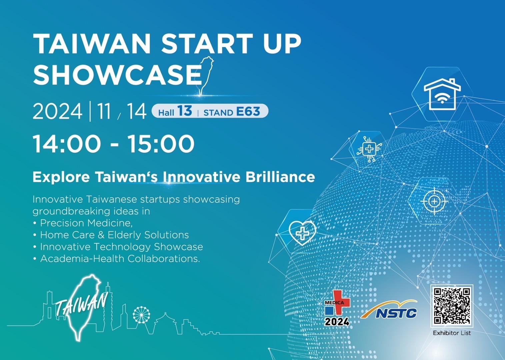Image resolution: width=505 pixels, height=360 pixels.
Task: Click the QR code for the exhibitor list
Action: point(452,306)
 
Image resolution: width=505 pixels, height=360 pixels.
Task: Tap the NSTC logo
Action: point(389,309)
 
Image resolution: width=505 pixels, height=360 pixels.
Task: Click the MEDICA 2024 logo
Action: point(337,308)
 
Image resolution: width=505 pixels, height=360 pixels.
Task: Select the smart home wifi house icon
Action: point(442,94)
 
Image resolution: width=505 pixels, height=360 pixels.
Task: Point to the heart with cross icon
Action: point(302,233)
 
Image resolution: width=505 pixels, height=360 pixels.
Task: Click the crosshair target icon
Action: point(434,201)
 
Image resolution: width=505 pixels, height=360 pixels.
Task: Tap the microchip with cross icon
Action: point(369,149)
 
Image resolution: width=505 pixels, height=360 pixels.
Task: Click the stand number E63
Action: point(248,111)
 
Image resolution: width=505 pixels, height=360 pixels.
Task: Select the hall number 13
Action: point(184,111)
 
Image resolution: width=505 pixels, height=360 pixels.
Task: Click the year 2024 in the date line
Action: point(57,111)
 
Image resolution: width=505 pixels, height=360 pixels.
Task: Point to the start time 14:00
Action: point(67,144)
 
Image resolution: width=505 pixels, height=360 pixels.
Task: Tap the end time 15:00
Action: point(161,144)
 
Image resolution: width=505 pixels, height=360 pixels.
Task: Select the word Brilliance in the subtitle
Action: point(280,177)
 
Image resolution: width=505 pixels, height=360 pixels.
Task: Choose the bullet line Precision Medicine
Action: point(83,223)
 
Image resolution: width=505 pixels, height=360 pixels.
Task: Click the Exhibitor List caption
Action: point(452,333)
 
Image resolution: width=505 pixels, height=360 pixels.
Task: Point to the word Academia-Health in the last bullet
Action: point(83,259)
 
